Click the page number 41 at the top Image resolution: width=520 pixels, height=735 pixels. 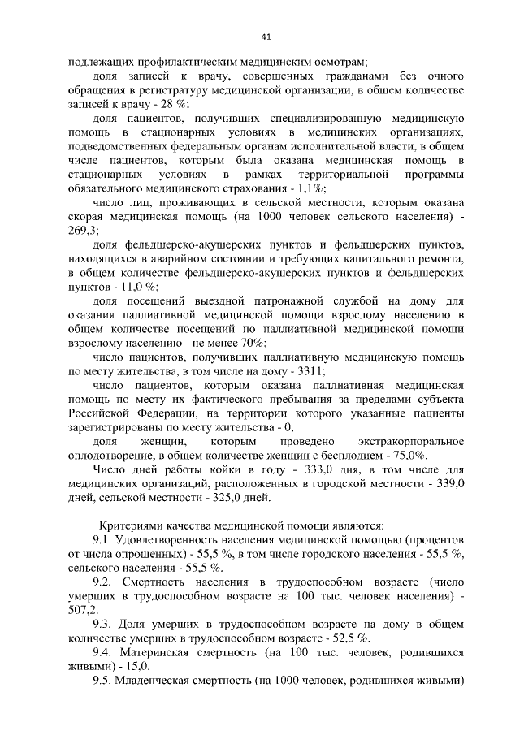click(266, 36)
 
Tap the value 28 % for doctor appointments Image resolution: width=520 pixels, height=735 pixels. click(176, 103)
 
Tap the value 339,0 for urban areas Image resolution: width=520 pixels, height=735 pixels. click(448, 484)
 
